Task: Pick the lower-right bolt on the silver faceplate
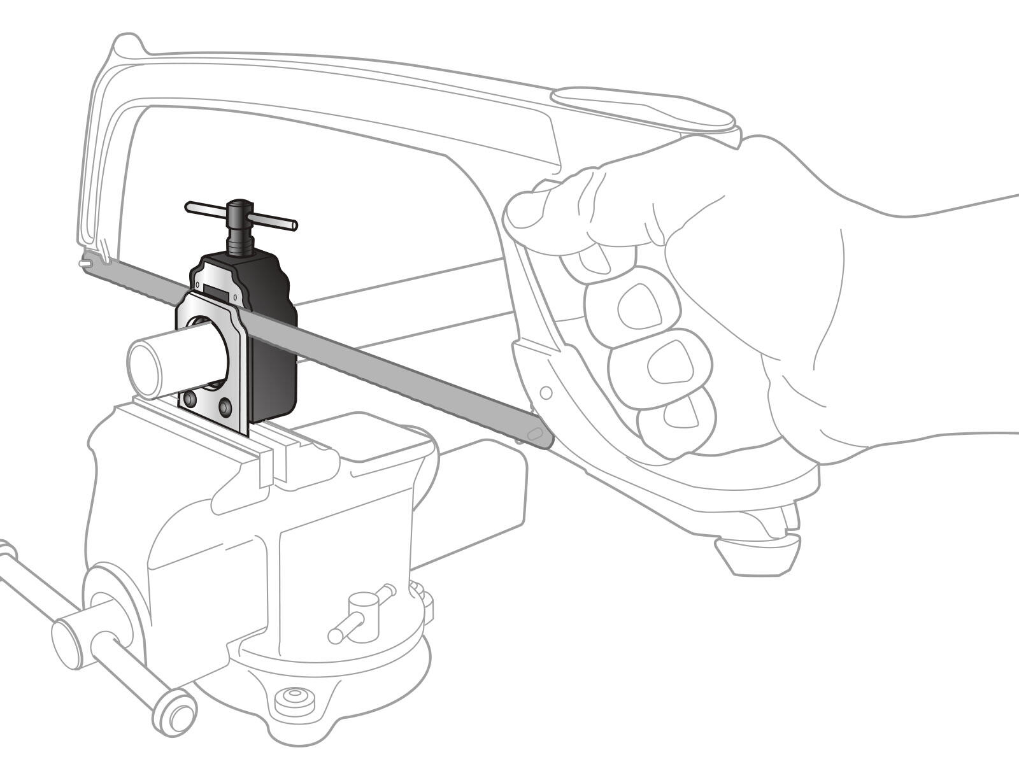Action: tap(225, 405)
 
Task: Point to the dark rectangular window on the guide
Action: tap(215, 290)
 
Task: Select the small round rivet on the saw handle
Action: tap(546, 393)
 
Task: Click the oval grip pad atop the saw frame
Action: tap(643, 108)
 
